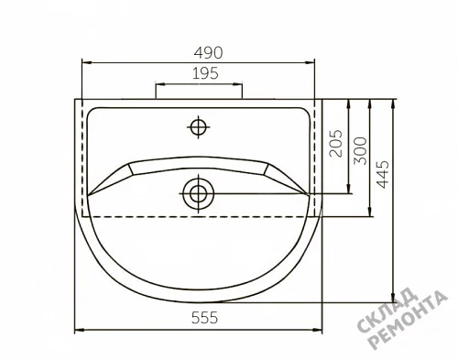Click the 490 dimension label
click(x=208, y=52)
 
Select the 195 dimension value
click(x=205, y=73)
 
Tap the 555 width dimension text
click(x=204, y=318)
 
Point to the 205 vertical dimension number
click(x=336, y=143)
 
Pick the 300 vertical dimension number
click(x=360, y=151)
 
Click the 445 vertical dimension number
click(x=383, y=174)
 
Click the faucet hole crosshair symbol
click(x=199, y=127)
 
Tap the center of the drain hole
click(x=199, y=193)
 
